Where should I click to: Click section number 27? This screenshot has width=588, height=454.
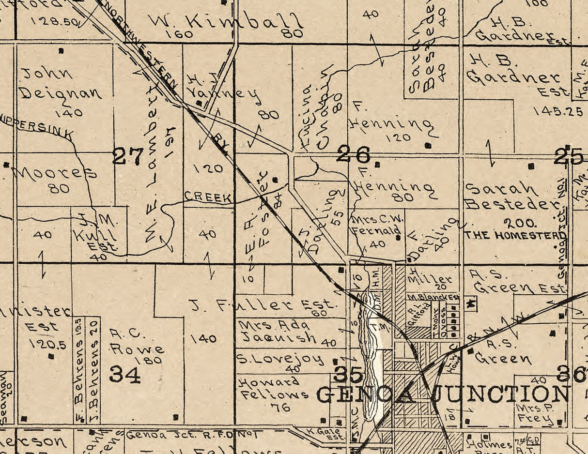[128, 156]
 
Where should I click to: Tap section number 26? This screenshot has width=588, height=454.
[354, 155]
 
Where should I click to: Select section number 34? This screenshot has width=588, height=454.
[124, 374]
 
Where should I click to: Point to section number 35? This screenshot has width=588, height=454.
[348, 374]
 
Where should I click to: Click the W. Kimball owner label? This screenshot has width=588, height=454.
[225, 22]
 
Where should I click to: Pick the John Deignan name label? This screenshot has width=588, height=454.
[61, 83]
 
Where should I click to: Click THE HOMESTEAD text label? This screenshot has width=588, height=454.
[515, 236]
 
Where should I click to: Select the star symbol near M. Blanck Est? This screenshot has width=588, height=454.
[470, 304]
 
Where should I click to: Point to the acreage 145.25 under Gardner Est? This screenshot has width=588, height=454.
[558, 111]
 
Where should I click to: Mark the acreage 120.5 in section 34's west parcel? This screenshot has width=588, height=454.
[46, 344]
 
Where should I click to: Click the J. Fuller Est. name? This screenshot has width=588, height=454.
[262, 305]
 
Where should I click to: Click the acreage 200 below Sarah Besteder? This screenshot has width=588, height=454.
[520, 224]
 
